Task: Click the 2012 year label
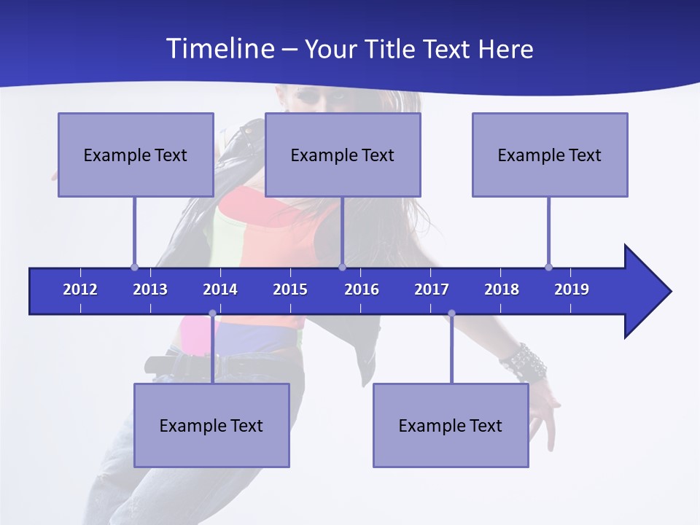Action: tap(80, 289)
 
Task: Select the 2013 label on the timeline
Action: tap(150, 289)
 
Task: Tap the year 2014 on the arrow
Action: tap(220, 289)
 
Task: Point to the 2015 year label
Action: tap(290, 289)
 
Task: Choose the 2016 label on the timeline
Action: tap(362, 289)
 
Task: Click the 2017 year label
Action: tap(432, 289)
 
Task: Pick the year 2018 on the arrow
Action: tap(502, 289)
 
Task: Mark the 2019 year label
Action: tap(572, 289)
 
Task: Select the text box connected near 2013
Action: tap(136, 155)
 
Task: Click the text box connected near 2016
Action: tap(343, 155)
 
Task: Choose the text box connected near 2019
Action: tap(550, 155)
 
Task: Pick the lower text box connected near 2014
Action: tap(211, 425)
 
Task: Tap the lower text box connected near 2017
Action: tap(451, 425)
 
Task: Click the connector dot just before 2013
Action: tap(134, 267)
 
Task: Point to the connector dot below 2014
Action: tap(212, 314)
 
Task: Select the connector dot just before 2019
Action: tap(548, 267)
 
